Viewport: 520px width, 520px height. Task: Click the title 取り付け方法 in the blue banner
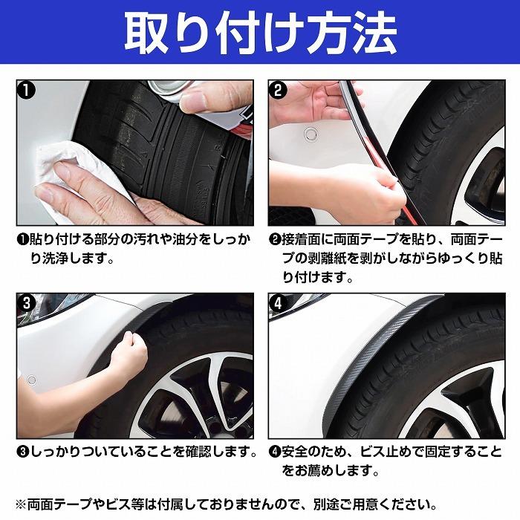[260, 33]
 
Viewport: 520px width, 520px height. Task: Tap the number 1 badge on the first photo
[26, 90]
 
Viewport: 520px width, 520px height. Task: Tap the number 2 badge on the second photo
[278, 90]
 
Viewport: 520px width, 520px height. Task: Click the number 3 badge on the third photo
[26, 303]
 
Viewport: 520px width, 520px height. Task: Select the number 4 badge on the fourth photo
[278, 303]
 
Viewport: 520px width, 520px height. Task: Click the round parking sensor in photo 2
[311, 133]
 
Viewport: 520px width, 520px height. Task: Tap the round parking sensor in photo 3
[31, 380]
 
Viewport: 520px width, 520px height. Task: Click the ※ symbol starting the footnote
[21, 504]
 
